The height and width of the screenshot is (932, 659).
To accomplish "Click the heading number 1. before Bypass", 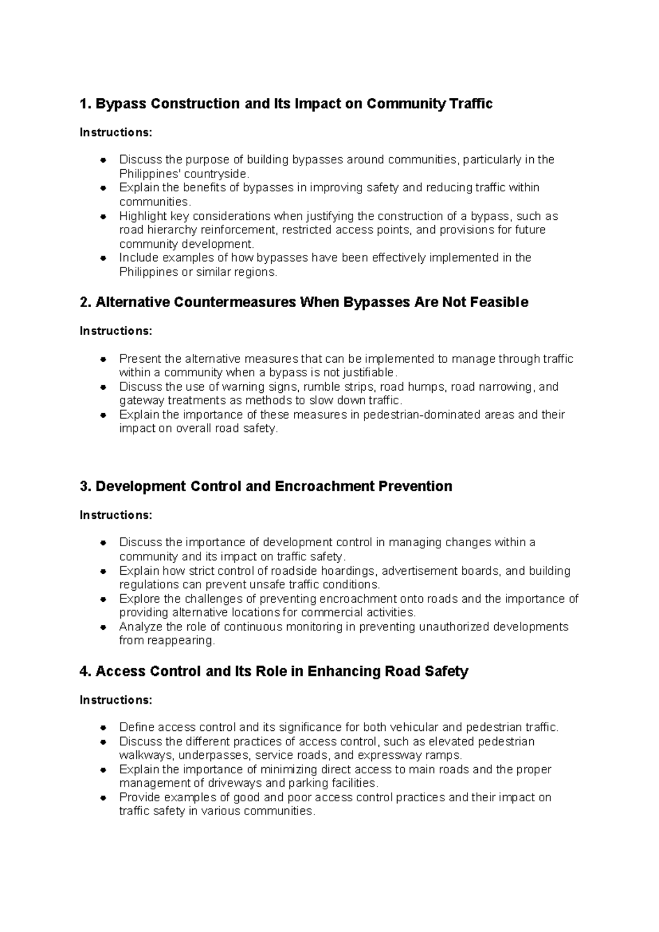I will tap(86, 104).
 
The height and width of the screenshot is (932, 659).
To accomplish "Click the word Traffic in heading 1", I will tap(471, 104).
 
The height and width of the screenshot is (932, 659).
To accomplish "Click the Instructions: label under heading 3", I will tap(116, 515).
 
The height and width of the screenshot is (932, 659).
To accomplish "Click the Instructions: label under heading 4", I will tap(116, 700).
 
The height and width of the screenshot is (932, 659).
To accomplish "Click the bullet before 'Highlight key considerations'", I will tap(103, 217).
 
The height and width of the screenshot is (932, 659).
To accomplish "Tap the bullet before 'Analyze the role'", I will tap(103, 627).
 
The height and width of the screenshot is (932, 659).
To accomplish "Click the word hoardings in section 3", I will tap(349, 571).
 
